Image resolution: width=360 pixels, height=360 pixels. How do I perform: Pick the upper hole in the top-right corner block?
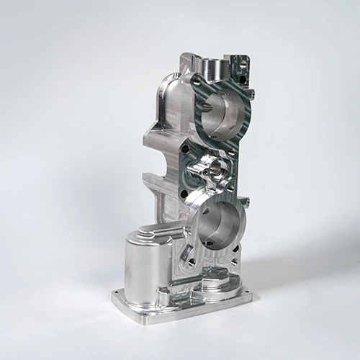243,63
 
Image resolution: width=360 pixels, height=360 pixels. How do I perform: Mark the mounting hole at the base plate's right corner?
248,293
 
